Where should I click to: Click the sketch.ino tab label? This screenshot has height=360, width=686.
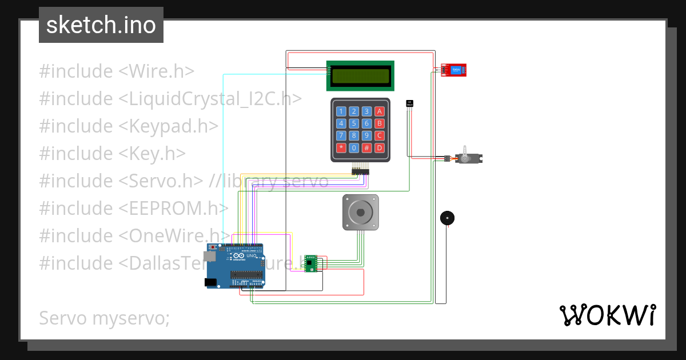coord(101,25)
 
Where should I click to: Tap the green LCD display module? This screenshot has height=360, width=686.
coord(360,75)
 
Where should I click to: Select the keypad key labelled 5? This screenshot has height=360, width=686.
coord(354,123)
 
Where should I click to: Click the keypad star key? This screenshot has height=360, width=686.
coord(341,148)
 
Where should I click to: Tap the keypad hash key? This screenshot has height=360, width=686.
coord(366,148)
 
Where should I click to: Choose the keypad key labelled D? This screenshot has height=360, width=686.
coord(379,148)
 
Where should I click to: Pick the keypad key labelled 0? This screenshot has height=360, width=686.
coord(354,148)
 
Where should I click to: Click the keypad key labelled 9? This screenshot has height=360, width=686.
coord(366,135)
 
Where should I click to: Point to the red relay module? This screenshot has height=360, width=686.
coord(454,70)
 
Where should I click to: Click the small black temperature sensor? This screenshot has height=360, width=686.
coord(409,103)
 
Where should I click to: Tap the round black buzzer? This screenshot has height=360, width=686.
coord(448,218)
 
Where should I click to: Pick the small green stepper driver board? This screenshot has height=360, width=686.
coord(311,263)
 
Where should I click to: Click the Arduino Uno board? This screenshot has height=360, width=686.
coord(236,266)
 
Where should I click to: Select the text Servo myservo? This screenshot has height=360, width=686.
coord(105,318)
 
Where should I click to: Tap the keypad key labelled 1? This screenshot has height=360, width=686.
coord(341,111)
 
